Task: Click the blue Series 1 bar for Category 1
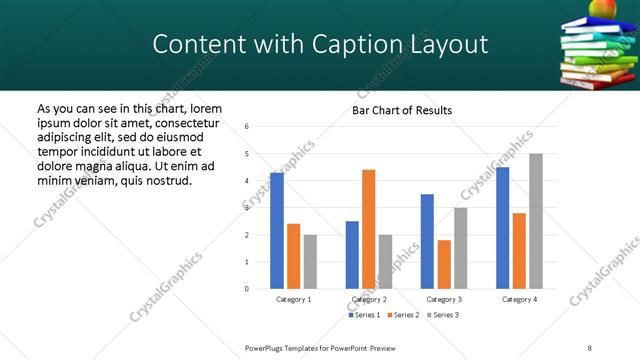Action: point(277,231)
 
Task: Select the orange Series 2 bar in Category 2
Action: point(368,229)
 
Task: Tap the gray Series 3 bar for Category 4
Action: point(535,221)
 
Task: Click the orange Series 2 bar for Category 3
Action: point(444,264)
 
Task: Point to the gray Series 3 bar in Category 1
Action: point(310,262)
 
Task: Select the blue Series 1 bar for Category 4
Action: point(503,228)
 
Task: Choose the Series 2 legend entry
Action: point(403,315)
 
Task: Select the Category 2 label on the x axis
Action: point(368,299)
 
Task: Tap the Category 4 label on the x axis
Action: point(519,299)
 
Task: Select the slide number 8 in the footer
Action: point(589,347)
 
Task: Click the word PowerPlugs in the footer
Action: point(267,347)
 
